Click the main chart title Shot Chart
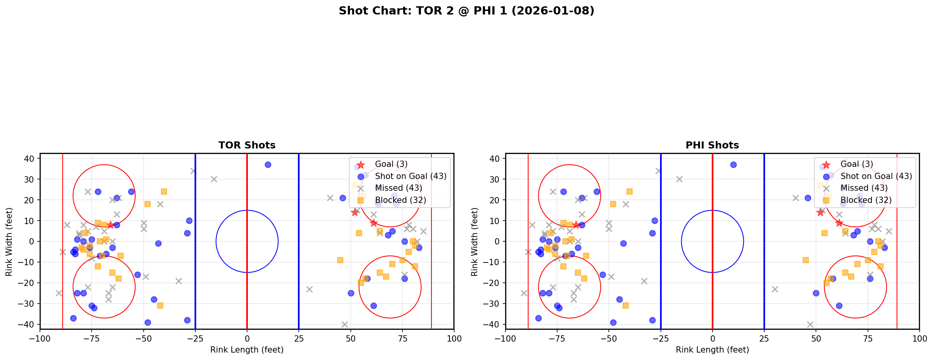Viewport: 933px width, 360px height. click(466, 11)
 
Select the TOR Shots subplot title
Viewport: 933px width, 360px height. click(247, 145)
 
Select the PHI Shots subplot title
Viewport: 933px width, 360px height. click(712, 145)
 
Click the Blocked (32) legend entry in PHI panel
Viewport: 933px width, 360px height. click(866, 200)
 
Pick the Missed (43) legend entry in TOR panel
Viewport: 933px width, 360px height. click(398, 188)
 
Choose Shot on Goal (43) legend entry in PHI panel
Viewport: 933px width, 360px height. click(876, 176)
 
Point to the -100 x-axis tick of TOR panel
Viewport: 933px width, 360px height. click(40, 338)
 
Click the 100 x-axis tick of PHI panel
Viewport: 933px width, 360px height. click(919, 338)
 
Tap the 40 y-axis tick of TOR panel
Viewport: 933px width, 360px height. click(31, 159)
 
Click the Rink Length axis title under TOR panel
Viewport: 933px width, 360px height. click(247, 350)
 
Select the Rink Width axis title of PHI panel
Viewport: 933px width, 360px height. click(475, 242)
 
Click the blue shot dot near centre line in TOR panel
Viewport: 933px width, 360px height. click(268, 165)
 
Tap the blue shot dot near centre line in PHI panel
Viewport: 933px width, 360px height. click(733, 165)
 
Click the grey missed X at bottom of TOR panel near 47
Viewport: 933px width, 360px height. click(345, 324)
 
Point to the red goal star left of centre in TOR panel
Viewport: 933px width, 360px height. click(110, 225)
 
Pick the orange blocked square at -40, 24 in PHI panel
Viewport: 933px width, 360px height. click(630, 192)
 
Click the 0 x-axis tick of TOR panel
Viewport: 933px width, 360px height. click(247, 338)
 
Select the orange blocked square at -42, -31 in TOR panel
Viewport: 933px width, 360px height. click(160, 306)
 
